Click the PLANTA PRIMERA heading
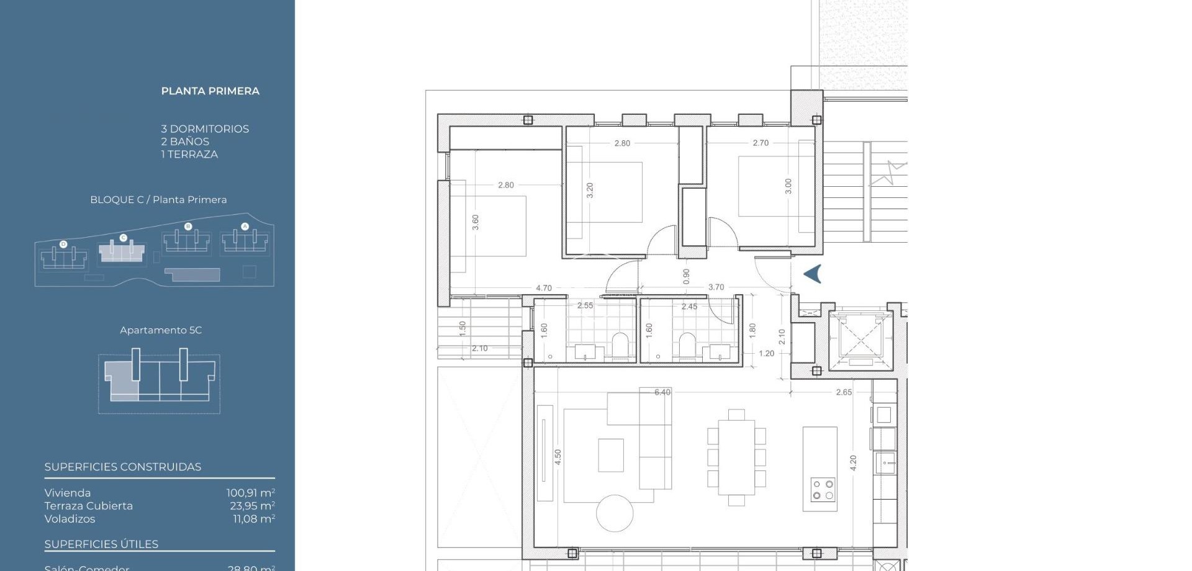[x=210, y=91]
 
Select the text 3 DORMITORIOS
[x=205, y=129]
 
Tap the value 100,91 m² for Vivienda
[x=250, y=493]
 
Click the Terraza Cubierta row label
[x=89, y=506]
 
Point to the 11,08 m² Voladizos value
[x=254, y=519]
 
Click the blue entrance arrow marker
[x=813, y=274]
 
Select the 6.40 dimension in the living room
[x=662, y=392]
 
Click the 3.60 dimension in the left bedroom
[x=476, y=222]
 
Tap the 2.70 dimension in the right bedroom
[x=761, y=143]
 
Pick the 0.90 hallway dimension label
[x=686, y=276]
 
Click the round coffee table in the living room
[x=615, y=513]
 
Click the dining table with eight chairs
[x=736, y=457]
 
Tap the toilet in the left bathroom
[x=620, y=346]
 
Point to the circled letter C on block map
[x=123, y=238]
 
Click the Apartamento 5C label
[x=161, y=330]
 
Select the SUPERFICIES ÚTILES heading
[x=101, y=544]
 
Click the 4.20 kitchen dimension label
[x=853, y=463]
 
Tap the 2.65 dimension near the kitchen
[x=844, y=392]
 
